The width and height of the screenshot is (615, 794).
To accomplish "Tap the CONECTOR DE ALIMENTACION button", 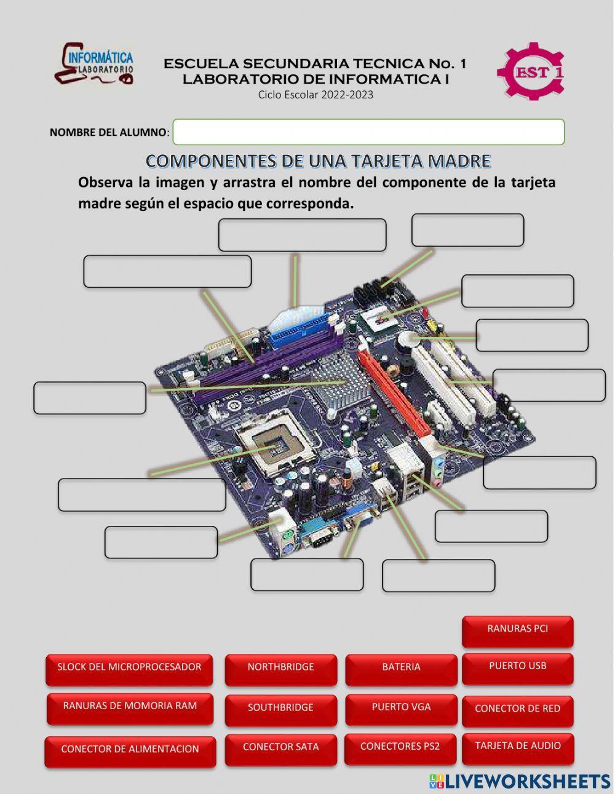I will (x=130, y=750).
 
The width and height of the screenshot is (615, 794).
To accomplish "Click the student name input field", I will (x=368, y=132).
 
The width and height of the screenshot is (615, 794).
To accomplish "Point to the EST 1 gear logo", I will (x=530, y=71).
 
